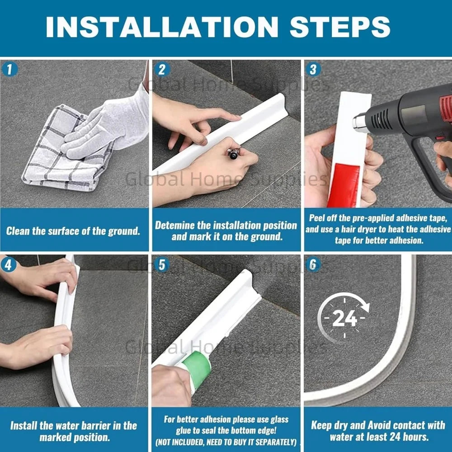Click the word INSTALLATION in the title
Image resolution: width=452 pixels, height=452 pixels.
[162, 27]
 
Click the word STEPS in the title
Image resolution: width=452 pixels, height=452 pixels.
[340, 27]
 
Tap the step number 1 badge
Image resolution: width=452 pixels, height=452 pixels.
[9, 70]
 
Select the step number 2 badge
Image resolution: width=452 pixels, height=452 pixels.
[162, 70]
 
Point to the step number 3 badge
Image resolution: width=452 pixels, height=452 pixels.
[313, 70]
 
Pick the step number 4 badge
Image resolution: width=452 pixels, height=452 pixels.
[9, 265]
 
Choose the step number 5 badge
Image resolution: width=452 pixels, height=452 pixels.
[162, 265]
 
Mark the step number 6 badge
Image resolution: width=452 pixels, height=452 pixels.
[313, 265]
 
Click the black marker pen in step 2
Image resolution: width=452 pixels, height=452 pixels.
[234, 153]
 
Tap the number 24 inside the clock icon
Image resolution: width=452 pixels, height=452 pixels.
[344, 318]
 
